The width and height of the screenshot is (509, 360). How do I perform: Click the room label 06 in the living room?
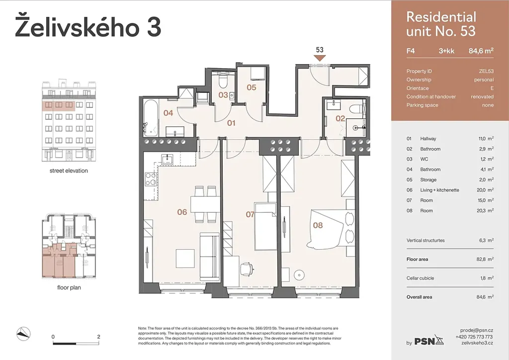click(x=182, y=212)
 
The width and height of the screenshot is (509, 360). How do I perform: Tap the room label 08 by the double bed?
click(x=318, y=225)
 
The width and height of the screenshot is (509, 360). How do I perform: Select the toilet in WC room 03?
click(x=223, y=82)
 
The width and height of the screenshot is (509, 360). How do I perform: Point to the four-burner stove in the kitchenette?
click(x=151, y=180)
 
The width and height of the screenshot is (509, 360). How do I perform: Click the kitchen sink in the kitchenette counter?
click(x=168, y=159)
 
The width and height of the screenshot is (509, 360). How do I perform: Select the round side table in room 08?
click(x=299, y=275)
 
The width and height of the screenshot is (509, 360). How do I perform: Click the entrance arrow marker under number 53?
click(x=320, y=58)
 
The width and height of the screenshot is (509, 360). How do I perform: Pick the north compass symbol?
click(x=24, y=334)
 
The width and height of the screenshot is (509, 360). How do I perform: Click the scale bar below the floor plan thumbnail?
click(x=76, y=343)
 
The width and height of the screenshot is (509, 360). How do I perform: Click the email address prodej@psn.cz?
click(x=477, y=331)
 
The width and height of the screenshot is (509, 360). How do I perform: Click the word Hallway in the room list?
click(x=428, y=139)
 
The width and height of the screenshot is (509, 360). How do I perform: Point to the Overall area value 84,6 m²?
click(x=485, y=297)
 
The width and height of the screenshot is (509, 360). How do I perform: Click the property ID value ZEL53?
click(x=486, y=71)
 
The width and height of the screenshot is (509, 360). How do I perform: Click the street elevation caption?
click(x=69, y=171)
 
